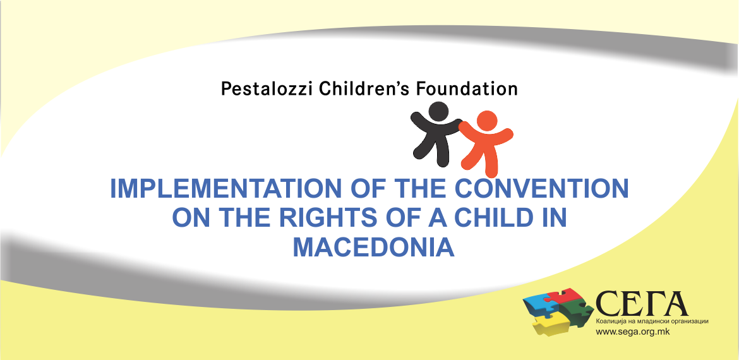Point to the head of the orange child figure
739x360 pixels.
pyautogui.click(x=487, y=121)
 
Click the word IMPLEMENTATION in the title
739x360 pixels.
pyautogui.click(x=225, y=188)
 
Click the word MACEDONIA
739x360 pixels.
pyautogui.click(x=374, y=248)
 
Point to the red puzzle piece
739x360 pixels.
pyautogui.click(x=569, y=297)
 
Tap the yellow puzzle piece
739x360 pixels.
pyautogui.click(x=550, y=324)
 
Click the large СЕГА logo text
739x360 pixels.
pyautogui.click(x=642, y=304)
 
